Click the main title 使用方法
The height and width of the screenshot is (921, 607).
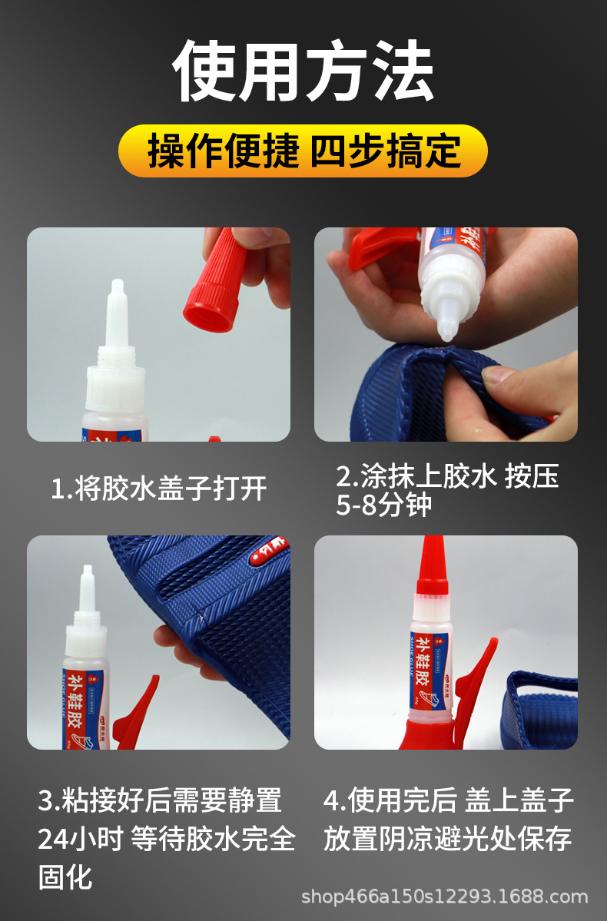tap(303, 72)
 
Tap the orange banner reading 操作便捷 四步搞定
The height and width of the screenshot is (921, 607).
tap(303, 151)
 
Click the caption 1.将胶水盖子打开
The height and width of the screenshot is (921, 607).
tap(158, 488)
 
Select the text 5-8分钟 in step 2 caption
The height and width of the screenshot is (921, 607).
tap(383, 506)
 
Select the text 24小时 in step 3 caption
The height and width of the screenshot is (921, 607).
tap(81, 839)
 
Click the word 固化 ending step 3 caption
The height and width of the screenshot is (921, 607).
tap(65, 876)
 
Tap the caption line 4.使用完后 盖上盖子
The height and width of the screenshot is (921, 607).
tap(449, 800)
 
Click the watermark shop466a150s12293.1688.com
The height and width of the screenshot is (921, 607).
tap(444, 896)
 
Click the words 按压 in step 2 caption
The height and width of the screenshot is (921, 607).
tap(532, 477)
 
